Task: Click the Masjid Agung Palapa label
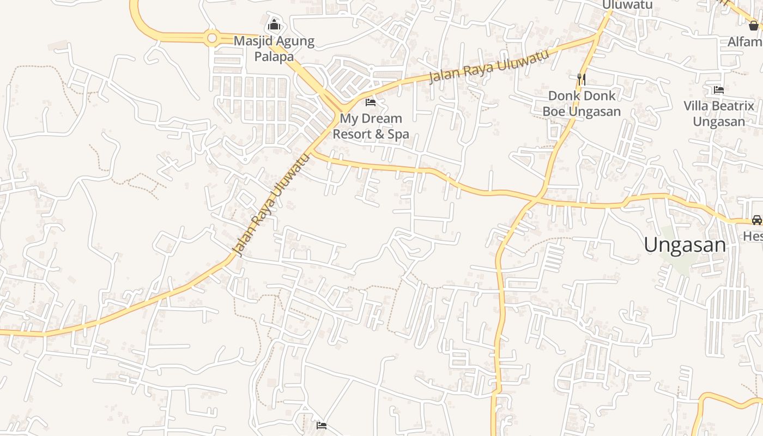click(x=274, y=49)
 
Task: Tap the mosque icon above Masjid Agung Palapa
click(x=274, y=25)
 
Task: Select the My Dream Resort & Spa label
click(x=371, y=126)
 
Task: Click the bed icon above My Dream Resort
click(x=371, y=102)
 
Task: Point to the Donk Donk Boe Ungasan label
click(x=582, y=104)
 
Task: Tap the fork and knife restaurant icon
click(x=582, y=79)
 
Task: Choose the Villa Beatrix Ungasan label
click(x=719, y=113)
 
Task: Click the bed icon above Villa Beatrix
click(x=719, y=89)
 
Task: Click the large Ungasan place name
click(x=685, y=245)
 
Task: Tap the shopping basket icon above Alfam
click(x=754, y=26)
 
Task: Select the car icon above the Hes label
click(x=756, y=220)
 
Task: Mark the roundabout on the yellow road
click(x=212, y=38)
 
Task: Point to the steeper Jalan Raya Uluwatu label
click(x=271, y=204)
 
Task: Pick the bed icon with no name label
click(x=322, y=425)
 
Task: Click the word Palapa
click(x=274, y=57)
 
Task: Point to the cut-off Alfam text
click(x=745, y=41)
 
